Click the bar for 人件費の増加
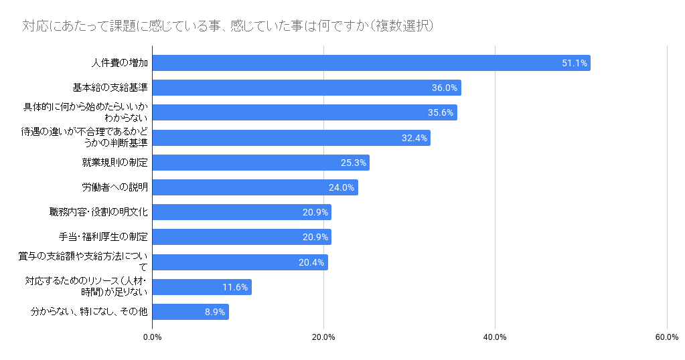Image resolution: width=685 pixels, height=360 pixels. pyautogui.click(x=372, y=63)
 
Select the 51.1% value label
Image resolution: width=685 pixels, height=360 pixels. pyautogui.click(x=575, y=63)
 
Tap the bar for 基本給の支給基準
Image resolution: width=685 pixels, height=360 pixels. pyautogui.click(x=307, y=88)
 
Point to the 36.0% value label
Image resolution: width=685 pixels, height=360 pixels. pyautogui.click(x=445, y=88)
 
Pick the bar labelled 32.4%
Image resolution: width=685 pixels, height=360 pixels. pyautogui.click(x=291, y=138)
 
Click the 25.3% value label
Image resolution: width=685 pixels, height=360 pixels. pyautogui.click(x=354, y=163)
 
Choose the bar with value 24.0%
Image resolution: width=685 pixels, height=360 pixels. pyautogui.click(x=255, y=187)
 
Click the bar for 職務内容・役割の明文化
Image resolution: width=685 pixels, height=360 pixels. pyautogui.click(x=242, y=212)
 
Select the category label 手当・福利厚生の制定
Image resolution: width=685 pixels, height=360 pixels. pyautogui.click(x=104, y=237)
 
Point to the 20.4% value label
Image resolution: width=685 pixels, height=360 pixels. pyautogui.click(x=311, y=262)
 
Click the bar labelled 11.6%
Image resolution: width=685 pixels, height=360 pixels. pyautogui.click(x=202, y=287)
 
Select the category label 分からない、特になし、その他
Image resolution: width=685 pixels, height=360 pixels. pyautogui.click(x=89, y=312)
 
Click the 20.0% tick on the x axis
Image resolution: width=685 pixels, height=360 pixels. pyautogui.click(x=323, y=337)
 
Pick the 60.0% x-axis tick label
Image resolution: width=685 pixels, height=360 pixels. pyautogui.click(x=667, y=337)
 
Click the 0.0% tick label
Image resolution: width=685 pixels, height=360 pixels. pyautogui.click(x=153, y=337)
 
